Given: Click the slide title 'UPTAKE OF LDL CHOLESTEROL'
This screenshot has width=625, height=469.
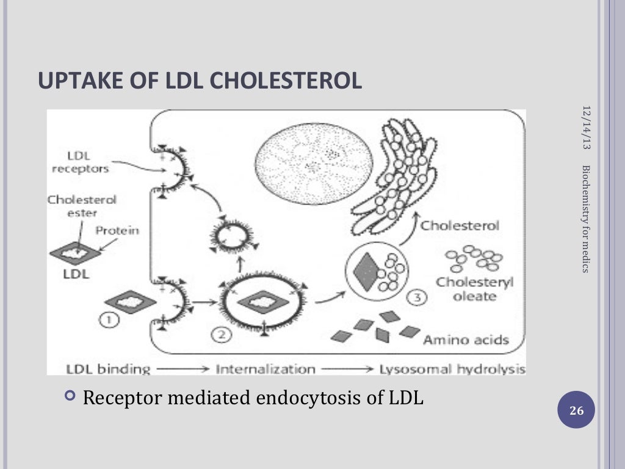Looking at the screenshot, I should [x=200, y=81].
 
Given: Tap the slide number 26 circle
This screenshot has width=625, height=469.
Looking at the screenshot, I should [x=576, y=411].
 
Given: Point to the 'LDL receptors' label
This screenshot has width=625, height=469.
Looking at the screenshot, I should [x=80, y=162].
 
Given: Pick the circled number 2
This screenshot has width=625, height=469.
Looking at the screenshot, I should [x=219, y=334].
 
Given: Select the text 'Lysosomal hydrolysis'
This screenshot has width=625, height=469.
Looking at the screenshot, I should [x=452, y=369].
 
